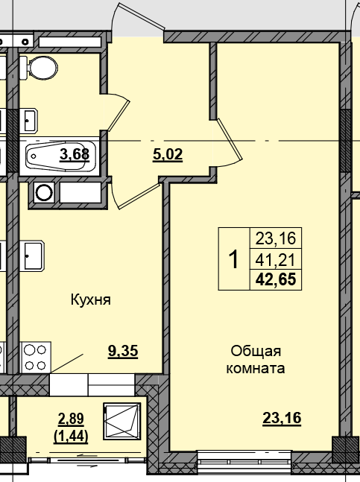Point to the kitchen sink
tap(32, 257)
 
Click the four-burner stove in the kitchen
tap(36, 356)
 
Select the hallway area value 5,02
tap(167, 155)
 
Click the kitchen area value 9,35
tap(124, 352)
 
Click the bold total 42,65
tap(276, 280)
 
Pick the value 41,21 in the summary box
tap(276, 260)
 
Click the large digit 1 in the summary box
tap(233, 260)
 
